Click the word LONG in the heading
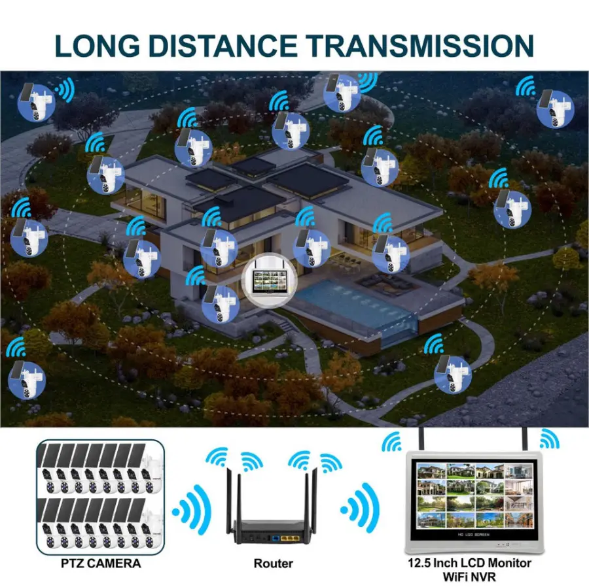[x=98, y=46]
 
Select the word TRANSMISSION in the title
[x=421, y=46]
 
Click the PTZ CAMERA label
[x=101, y=563]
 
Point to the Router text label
[x=273, y=563]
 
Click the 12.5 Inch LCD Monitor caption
[x=469, y=563]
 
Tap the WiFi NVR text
[x=469, y=577]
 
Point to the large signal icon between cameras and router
[x=192, y=510]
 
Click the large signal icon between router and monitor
[x=360, y=509]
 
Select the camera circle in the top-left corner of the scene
[x=37, y=102]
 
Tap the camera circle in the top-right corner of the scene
[x=555, y=109]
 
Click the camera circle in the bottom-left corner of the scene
[x=27, y=380]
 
